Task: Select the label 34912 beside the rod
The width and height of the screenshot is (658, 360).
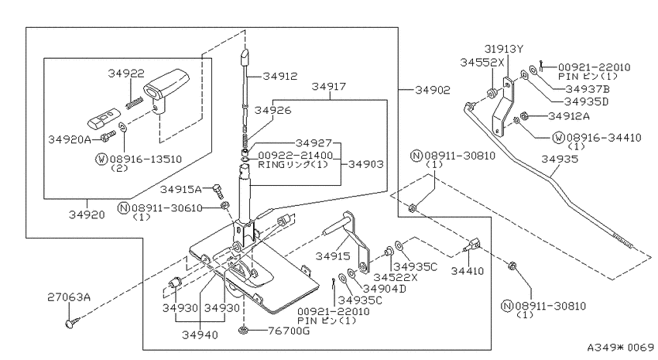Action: click(x=279, y=76)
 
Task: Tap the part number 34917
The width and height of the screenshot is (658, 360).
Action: click(x=330, y=87)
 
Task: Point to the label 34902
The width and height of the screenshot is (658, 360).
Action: click(x=429, y=91)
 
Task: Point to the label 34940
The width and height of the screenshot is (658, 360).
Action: click(x=200, y=335)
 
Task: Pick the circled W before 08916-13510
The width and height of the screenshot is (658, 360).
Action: click(x=100, y=159)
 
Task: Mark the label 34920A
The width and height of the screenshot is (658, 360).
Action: click(x=70, y=140)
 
